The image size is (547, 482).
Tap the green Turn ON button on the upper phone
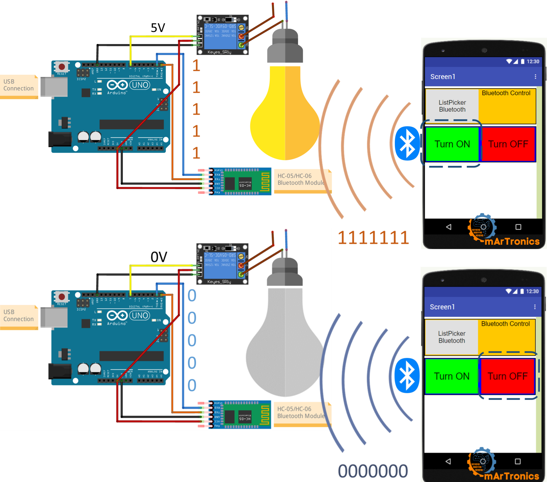point(452,144)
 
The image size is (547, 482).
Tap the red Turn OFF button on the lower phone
point(507,376)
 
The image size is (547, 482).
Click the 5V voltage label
point(158,28)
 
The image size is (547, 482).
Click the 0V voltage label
point(159,257)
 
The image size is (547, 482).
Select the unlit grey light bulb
point(285,345)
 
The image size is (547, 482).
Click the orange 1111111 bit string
point(373,238)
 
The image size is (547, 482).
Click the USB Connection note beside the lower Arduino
point(18,316)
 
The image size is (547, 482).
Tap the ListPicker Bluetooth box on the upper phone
point(452,106)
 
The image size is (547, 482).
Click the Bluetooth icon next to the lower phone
point(407,375)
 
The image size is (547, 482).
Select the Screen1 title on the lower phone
point(442,307)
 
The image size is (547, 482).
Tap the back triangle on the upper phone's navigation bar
point(449,227)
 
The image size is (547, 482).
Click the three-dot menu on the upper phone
point(535,77)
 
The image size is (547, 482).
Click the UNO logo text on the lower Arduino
point(140,315)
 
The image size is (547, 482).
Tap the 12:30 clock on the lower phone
point(532,291)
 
